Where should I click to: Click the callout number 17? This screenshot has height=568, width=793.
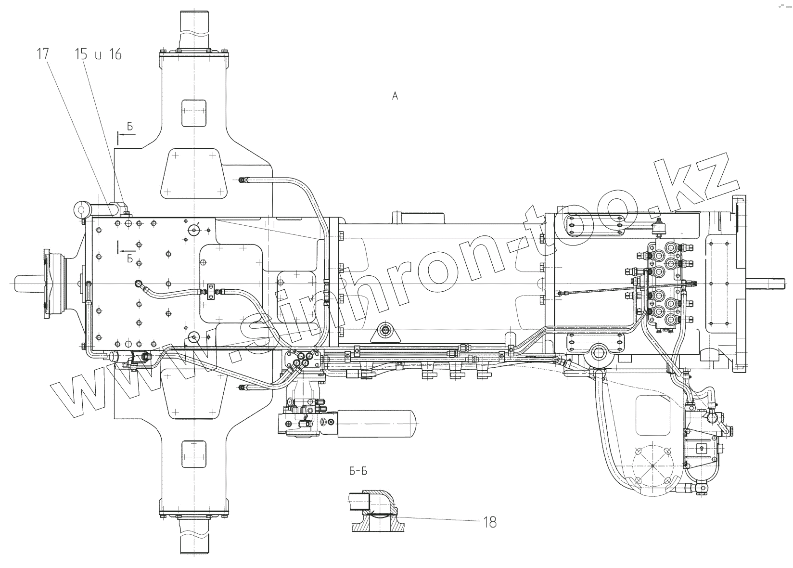(x=42, y=54)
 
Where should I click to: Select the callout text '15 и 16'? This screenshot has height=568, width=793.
(x=98, y=54)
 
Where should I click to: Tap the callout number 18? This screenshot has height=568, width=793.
(x=490, y=522)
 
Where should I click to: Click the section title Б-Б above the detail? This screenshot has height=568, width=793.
(x=358, y=471)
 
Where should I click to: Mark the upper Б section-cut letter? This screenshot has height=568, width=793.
(x=130, y=127)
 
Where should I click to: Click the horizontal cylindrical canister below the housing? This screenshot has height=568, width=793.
(x=375, y=424)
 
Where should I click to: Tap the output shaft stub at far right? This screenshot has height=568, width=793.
(x=770, y=284)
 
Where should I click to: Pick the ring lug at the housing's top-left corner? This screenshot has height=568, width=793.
(x=81, y=209)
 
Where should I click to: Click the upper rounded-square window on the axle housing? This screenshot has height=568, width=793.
(x=194, y=113)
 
